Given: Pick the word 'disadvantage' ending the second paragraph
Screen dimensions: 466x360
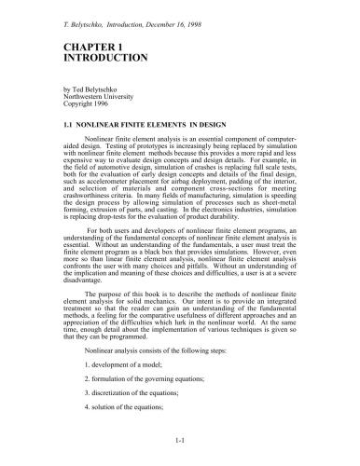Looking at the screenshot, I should point(84,277).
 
